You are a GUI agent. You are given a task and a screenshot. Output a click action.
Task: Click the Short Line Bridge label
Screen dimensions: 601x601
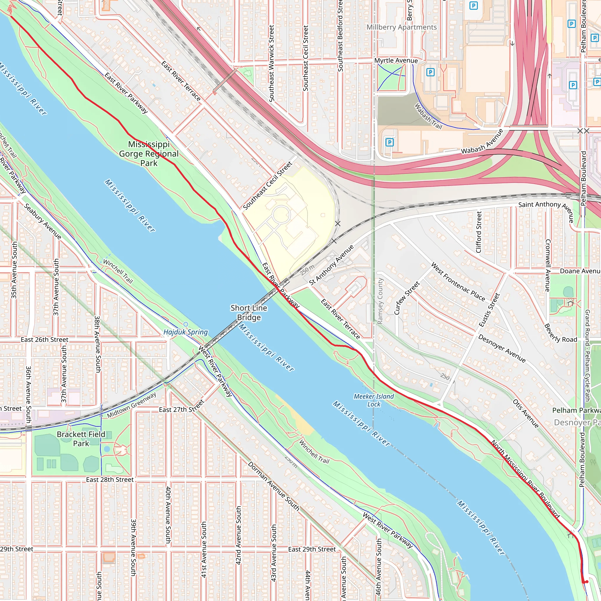[249, 312]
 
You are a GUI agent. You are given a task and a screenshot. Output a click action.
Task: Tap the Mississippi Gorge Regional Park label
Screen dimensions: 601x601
[149, 153]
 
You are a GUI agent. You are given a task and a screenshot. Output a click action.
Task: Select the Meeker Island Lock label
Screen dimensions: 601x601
[374, 400]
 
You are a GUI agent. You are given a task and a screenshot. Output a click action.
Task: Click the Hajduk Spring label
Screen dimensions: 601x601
[185, 332]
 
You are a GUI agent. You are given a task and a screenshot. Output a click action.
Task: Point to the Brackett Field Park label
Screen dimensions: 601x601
[81, 439]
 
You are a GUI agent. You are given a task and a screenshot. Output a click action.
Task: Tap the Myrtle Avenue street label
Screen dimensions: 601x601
[396, 60]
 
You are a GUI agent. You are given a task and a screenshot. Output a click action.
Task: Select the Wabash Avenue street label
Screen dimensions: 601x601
[482, 142]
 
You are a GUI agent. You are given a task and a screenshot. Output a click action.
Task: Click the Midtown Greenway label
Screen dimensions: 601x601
[131, 405]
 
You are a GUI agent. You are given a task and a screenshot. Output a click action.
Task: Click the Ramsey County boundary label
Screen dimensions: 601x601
[380, 301]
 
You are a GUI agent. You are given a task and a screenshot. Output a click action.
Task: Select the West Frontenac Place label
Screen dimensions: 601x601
[457, 282]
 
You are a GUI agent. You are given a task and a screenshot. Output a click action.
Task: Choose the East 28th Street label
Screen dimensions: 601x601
[110, 480]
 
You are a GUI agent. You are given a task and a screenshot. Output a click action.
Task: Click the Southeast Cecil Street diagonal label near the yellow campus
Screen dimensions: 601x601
[268, 185]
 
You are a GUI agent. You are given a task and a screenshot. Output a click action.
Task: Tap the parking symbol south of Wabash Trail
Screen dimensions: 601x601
[389, 142]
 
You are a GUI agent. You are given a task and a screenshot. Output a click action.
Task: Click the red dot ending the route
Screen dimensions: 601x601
[586, 582]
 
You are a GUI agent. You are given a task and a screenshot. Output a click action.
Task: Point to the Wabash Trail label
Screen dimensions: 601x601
[428, 116]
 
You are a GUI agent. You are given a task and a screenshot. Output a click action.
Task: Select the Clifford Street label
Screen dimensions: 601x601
[479, 232]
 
